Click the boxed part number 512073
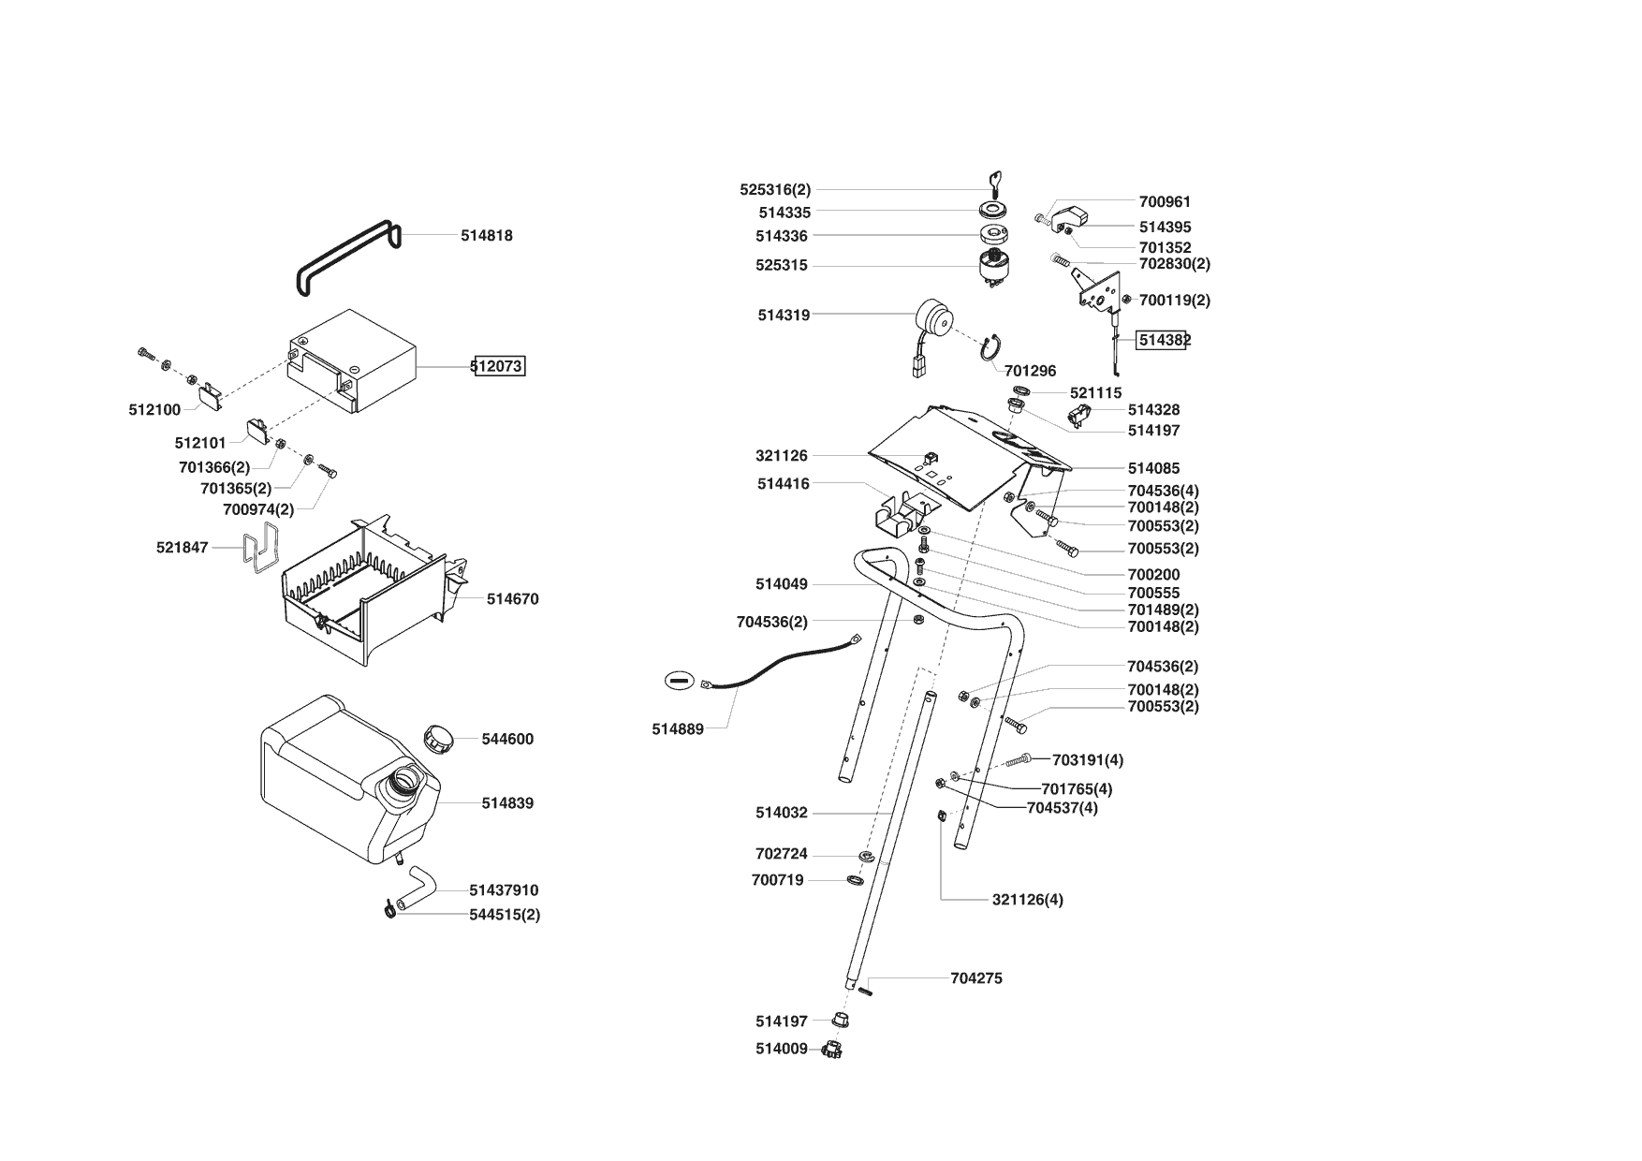click(x=499, y=366)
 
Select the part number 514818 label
click(x=486, y=236)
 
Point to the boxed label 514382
click(x=1162, y=340)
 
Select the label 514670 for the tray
click(x=512, y=599)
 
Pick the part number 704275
click(x=975, y=978)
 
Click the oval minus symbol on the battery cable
click(x=681, y=681)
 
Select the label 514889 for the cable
click(x=678, y=729)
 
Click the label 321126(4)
click(x=1027, y=900)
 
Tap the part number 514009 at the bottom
click(x=781, y=1049)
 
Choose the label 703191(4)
click(x=1087, y=760)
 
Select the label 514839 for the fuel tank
click(x=507, y=803)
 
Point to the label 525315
click(x=781, y=266)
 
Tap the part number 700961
click(x=1165, y=201)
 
